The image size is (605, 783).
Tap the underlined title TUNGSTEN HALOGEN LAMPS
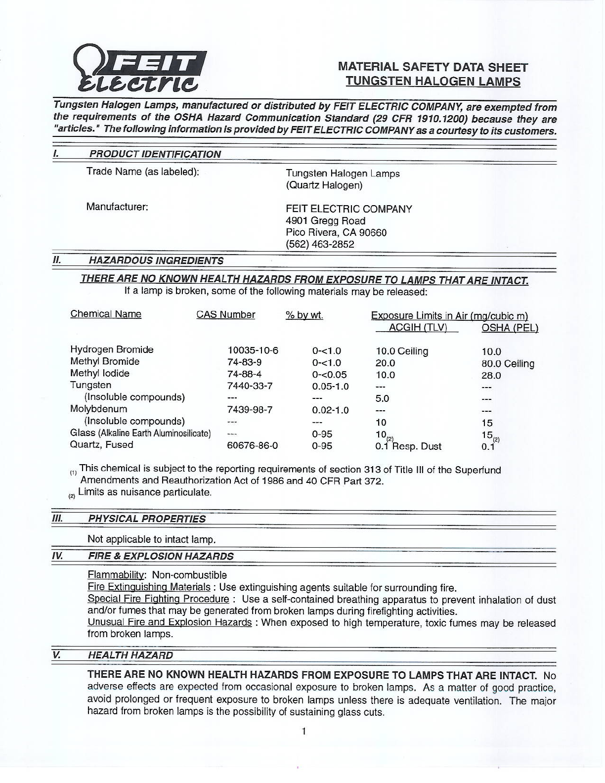point(433,82)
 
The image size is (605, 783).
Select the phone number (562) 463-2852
point(320,244)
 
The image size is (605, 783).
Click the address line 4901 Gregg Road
point(325,221)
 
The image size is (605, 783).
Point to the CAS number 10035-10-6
point(253,351)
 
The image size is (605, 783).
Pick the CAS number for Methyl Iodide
point(244,375)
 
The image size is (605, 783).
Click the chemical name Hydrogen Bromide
point(112,349)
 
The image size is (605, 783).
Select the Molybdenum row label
point(98,409)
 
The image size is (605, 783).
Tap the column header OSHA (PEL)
point(510,328)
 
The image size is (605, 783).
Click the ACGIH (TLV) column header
point(418,328)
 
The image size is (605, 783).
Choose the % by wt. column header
point(304,315)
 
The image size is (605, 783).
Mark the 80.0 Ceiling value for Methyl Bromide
point(508,364)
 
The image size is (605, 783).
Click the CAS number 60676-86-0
point(252,446)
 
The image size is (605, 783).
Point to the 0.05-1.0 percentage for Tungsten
point(330,387)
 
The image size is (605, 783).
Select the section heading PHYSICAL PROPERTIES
point(146,519)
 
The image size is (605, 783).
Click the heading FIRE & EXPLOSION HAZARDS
point(160,556)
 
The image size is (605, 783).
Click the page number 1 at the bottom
point(303,731)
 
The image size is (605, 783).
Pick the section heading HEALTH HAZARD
point(130,655)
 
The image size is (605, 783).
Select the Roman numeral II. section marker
point(56,260)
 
